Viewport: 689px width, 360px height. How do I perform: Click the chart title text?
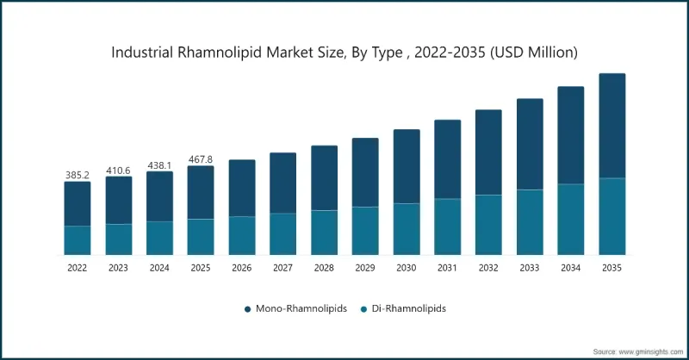344,53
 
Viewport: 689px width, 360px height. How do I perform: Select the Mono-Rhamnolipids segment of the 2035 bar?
611,126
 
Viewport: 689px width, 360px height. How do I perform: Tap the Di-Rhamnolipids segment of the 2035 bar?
611,216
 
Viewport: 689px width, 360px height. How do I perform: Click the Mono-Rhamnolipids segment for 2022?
78,204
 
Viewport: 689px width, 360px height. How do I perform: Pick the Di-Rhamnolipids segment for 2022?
78,240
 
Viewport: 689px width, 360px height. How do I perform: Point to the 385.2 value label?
78,175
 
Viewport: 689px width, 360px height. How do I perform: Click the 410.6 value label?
119,170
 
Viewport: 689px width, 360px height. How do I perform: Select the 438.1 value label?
159,164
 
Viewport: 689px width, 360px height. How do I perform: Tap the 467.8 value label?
201,159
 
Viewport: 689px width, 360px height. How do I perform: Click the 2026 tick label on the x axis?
242,268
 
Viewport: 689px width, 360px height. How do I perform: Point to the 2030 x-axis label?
407,268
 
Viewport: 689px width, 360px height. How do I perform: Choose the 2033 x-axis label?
530,268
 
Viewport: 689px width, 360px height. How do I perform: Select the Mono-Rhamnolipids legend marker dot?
247,307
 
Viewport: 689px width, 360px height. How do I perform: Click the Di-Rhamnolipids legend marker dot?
363,307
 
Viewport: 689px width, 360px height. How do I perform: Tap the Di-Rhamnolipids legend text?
409,307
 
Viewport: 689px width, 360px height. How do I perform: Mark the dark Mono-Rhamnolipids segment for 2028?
324,177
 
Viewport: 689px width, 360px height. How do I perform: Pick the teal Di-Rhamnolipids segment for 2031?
447,227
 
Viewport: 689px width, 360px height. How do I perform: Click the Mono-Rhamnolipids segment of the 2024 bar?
159,196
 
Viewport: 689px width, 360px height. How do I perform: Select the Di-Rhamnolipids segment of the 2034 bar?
570,219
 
